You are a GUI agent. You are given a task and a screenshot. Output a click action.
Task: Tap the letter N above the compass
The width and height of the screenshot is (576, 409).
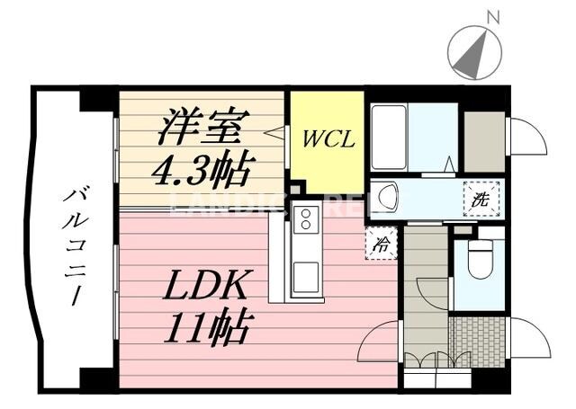click(x=492, y=16)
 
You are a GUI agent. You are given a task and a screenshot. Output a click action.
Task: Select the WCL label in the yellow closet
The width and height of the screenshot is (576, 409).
click(x=328, y=140)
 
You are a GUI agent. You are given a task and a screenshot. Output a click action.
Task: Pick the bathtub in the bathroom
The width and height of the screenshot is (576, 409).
click(x=389, y=138)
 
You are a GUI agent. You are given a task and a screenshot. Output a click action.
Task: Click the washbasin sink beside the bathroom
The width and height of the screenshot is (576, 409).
click(x=389, y=196)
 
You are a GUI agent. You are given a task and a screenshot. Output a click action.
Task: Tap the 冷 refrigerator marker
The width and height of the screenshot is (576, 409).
click(x=382, y=243)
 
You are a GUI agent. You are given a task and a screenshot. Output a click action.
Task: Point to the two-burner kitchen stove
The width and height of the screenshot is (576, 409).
click(x=306, y=218)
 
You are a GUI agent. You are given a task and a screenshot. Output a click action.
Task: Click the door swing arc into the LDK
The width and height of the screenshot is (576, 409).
click(x=378, y=342)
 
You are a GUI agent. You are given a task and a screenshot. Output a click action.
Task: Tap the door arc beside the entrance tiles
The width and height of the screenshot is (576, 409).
click(x=529, y=338)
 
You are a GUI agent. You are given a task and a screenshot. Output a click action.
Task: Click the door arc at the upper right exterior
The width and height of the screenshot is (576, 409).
click(x=527, y=137)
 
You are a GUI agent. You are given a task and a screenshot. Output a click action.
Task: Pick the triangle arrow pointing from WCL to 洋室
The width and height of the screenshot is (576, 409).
click(x=274, y=132)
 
